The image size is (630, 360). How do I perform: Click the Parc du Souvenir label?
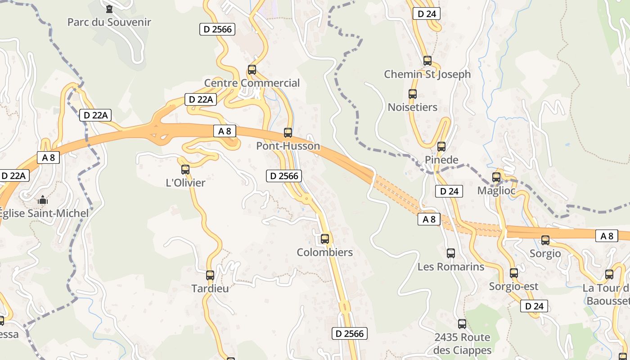(x=109, y=22)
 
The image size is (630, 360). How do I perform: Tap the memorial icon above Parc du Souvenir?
(x=109, y=9)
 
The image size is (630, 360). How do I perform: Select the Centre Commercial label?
(x=252, y=83)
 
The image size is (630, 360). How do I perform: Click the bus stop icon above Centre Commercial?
(x=252, y=70)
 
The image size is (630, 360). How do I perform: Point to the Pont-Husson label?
(x=288, y=146)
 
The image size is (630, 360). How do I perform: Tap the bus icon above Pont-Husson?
(x=288, y=133)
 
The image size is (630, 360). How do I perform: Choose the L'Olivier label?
(x=185, y=183)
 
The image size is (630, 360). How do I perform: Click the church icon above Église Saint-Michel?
(x=43, y=200)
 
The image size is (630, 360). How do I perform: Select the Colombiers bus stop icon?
(x=325, y=239)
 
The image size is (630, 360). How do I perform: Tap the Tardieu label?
(x=210, y=288)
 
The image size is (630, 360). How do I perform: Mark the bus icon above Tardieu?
(x=210, y=275)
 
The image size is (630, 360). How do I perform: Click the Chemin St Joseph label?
(x=427, y=74)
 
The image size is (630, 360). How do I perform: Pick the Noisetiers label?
(x=413, y=107)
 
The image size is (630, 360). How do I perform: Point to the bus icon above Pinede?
(x=441, y=147)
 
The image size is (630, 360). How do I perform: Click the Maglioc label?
(x=496, y=190)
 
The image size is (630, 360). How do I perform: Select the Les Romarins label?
(x=451, y=266)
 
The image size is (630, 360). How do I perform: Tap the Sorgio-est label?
(x=513, y=286)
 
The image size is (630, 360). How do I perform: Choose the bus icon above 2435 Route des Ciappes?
(x=462, y=324)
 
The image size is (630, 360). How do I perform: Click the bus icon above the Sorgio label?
(x=545, y=240)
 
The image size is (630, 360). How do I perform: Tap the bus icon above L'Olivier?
(x=185, y=170)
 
